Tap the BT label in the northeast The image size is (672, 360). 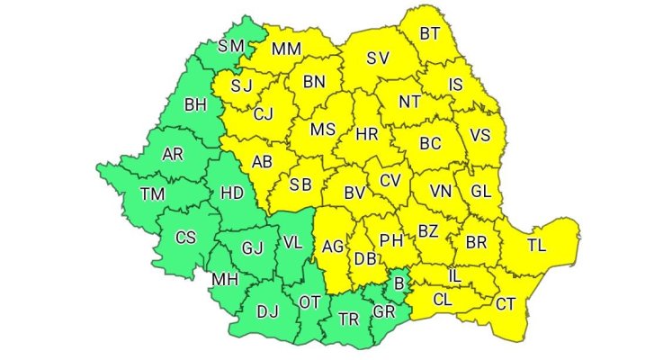(x=431, y=33)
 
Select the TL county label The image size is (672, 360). (x=536, y=245)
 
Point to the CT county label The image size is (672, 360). (x=506, y=303)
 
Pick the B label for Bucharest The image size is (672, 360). (x=399, y=285)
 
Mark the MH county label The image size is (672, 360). (x=223, y=280)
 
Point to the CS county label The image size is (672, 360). (x=185, y=238)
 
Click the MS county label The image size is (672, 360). (x=322, y=129)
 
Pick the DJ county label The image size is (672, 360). (x=267, y=311)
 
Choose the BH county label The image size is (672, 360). (x=194, y=105)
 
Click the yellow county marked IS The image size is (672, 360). (x=455, y=85)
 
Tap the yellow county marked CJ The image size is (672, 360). (x=263, y=113)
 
